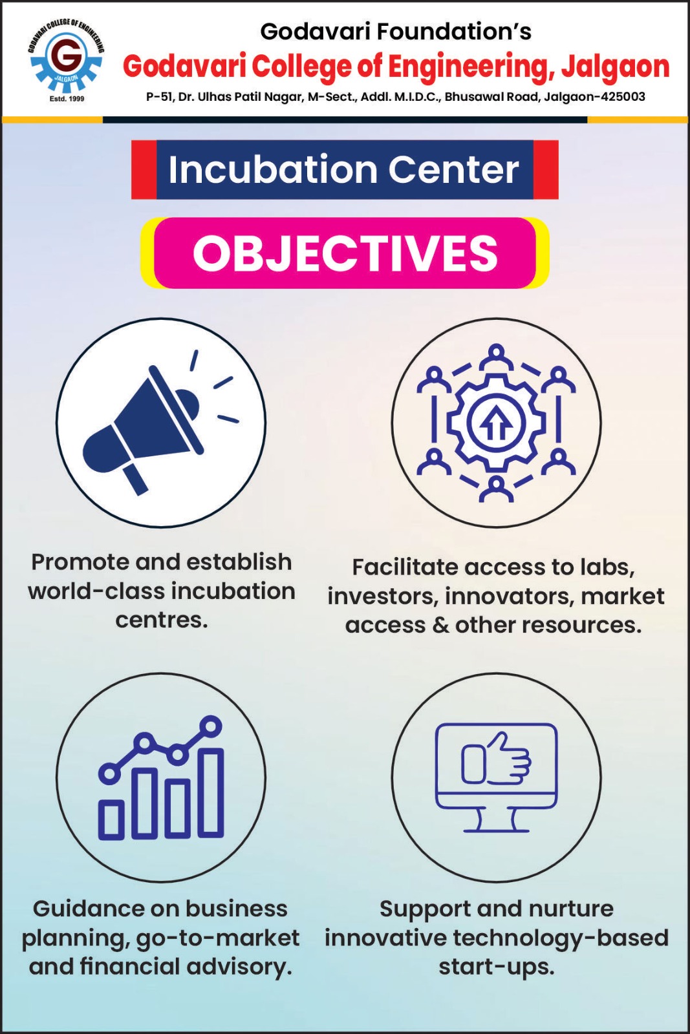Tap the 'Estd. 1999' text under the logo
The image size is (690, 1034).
coord(67,99)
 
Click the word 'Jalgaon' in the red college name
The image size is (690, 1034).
coord(615,67)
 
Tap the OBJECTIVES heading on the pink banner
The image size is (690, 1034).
coord(345,253)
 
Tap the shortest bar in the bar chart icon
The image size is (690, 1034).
coord(111,820)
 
